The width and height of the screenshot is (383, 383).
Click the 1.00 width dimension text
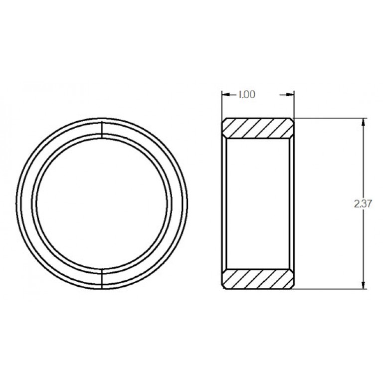click(x=246, y=95)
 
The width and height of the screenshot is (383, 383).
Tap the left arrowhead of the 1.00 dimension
click(x=225, y=95)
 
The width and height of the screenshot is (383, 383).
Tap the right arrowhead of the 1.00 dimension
click(x=290, y=95)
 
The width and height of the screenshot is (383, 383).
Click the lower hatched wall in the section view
click(x=257, y=279)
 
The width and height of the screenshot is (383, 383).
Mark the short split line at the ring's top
click(x=102, y=128)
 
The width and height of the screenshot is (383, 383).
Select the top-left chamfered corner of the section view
click(x=224, y=121)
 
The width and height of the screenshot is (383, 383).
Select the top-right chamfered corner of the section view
click(x=291, y=121)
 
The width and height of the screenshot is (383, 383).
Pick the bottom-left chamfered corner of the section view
click(x=224, y=285)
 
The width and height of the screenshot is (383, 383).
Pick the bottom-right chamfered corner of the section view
click(x=291, y=285)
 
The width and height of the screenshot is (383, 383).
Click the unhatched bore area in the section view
click(x=257, y=203)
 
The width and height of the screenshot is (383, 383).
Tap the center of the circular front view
click(x=102, y=203)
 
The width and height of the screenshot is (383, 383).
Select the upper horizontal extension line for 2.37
click(x=329, y=118)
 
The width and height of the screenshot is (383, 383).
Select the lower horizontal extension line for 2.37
click(x=329, y=288)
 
